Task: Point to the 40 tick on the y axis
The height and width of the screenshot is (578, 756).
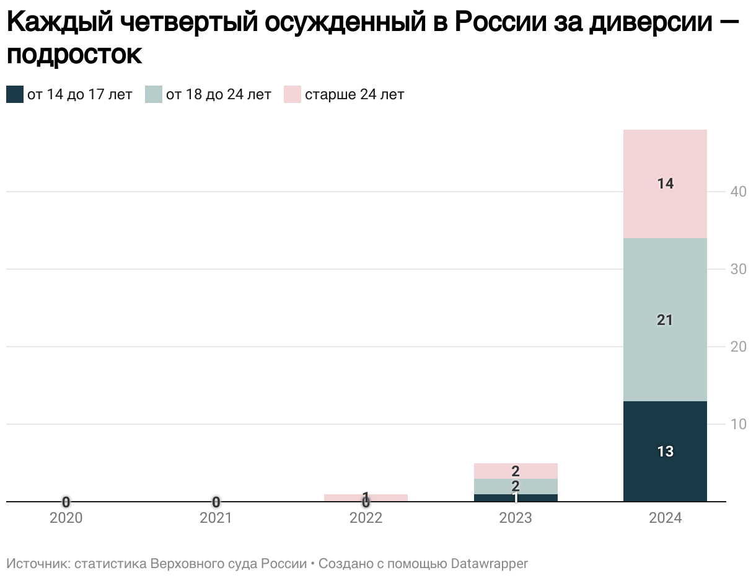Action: [737, 192]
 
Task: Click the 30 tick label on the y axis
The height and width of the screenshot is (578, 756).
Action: [737, 269]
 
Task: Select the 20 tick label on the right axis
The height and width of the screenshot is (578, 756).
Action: [737, 347]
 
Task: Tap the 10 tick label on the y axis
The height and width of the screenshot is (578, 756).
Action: [737, 424]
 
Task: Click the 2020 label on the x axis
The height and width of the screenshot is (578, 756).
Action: [66, 518]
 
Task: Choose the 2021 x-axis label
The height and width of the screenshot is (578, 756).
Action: [216, 518]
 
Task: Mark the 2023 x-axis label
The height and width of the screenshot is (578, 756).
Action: [516, 518]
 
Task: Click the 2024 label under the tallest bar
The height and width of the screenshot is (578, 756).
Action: [665, 518]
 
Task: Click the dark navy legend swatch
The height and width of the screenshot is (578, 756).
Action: [15, 95]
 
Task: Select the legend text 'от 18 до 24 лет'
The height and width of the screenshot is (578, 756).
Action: [218, 95]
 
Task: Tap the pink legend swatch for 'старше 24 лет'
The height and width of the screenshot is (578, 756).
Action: [292, 95]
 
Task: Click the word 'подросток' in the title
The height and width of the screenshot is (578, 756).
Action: [74, 55]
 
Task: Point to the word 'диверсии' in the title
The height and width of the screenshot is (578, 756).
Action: [648, 24]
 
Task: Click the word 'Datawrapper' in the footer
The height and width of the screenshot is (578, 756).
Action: [489, 564]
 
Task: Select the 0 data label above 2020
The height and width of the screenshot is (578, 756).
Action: [66, 502]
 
